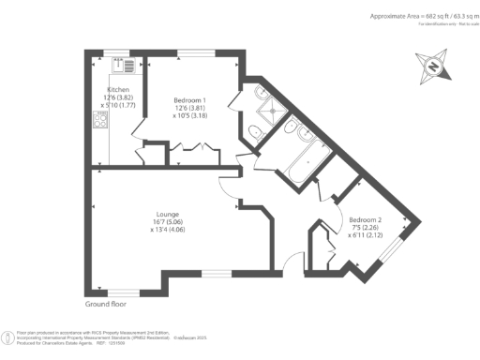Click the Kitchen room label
[117, 88]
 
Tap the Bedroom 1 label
[190, 99]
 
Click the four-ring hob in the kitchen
[99, 119]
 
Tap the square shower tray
[273, 107]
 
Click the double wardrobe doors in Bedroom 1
[200, 147]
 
